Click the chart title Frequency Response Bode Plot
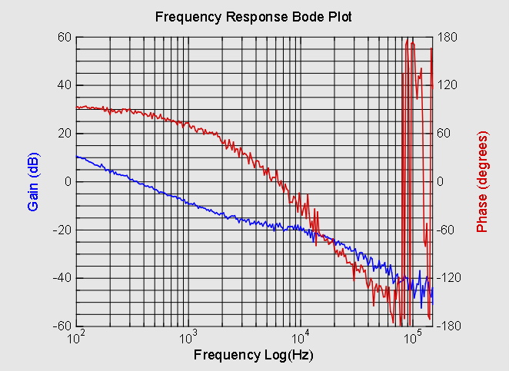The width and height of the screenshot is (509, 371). pyautogui.click(x=254, y=17)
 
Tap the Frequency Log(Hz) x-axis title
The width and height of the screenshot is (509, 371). pyautogui.click(x=254, y=355)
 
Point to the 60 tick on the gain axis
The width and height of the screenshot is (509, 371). pyautogui.click(x=64, y=37)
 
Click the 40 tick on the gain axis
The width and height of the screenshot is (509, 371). pyautogui.click(x=64, y=85)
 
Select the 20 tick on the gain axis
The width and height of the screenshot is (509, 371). pyautogui.click(x=64, y=134)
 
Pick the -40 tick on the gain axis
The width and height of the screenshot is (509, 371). pyautogui.click(x=61, y=278)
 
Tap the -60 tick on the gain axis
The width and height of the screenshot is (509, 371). pyautogui.click(x=61, y=326)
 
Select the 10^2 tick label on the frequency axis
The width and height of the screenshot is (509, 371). pyautogui.click(x=76, y=337)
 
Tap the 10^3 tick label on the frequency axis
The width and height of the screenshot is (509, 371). pyautogui.click(x=188, y=337)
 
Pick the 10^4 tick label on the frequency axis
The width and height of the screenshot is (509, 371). pyautogui.click(x=301, y=337)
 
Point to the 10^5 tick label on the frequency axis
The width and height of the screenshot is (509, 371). pyautogui.click(x=413, y=337)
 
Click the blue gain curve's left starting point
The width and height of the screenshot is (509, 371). pyautogui.click(x=77, y=156)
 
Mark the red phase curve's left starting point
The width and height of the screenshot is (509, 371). pyautogui.click(x=77, y=108)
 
